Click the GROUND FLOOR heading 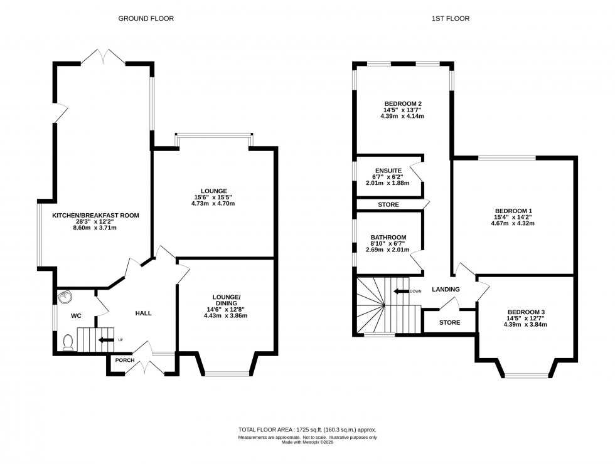146,19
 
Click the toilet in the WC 68,341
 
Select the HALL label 144,313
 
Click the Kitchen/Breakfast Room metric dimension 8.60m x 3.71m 95,228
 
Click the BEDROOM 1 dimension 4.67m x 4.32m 513,223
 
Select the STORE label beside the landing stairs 449,322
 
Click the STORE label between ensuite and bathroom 388,204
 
